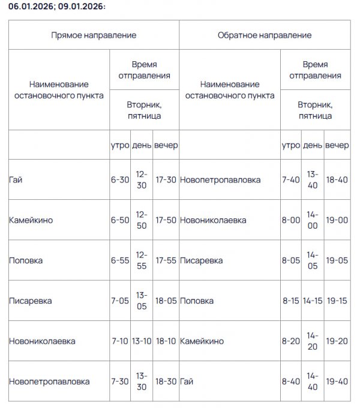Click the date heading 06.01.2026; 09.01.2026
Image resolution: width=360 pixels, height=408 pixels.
(53, 7)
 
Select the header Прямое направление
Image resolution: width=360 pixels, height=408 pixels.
(93, 35)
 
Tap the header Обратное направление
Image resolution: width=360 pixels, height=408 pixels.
(264, 35)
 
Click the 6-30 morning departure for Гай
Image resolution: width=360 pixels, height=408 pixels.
(120, 179)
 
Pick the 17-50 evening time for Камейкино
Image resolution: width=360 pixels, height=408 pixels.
(166, 220)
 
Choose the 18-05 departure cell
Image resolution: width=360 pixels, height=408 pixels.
(166, 301)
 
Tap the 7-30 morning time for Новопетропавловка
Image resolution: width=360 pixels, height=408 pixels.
(120, 382)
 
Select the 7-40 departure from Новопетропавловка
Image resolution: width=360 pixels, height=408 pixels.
(290, 179)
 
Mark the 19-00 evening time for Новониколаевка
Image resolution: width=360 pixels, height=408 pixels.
(337, 220)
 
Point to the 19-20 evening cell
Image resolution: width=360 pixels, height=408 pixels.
(337, 341)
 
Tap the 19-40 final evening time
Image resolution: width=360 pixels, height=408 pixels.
(337, 382)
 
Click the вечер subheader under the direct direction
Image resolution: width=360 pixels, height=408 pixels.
(166, 146)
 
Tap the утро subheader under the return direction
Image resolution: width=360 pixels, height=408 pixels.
(290, 146)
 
